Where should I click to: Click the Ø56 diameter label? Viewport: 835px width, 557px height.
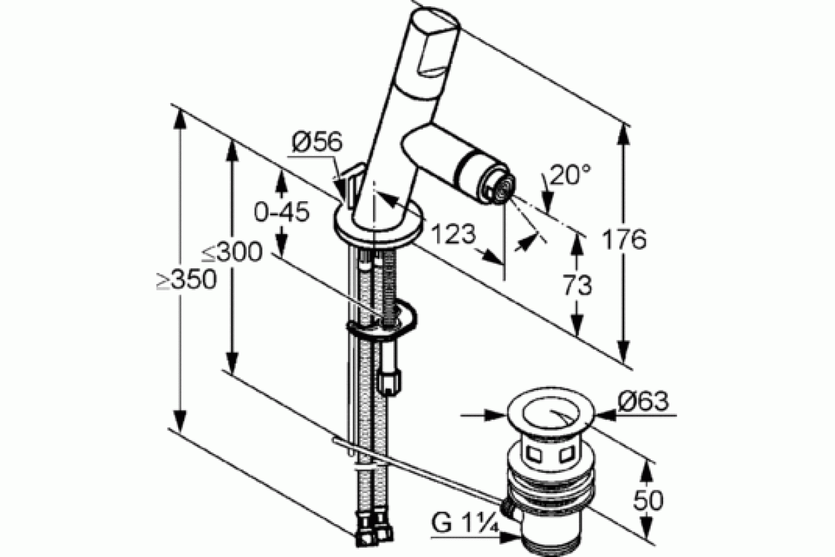[317, 142]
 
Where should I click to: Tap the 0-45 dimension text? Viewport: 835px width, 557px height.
[282, 212]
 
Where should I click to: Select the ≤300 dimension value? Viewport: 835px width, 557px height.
[232, 252]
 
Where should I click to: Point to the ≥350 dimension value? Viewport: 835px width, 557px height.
[186, 279]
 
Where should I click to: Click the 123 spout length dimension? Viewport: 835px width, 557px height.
[453, 235]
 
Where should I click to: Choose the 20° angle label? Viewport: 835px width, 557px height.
[570, 174]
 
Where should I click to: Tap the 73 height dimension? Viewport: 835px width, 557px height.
[577, 285]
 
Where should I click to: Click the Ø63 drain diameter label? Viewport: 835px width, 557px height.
[643, 401]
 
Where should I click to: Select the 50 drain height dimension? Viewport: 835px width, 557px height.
[649, 500]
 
